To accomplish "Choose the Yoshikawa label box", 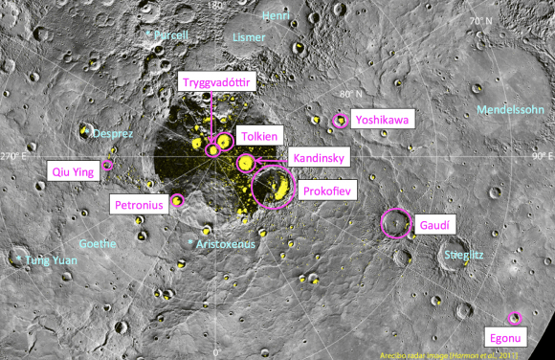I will click(x=381, y=120).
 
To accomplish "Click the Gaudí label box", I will click(x=433, y=224).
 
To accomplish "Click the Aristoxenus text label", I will click(x=226, y=245).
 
